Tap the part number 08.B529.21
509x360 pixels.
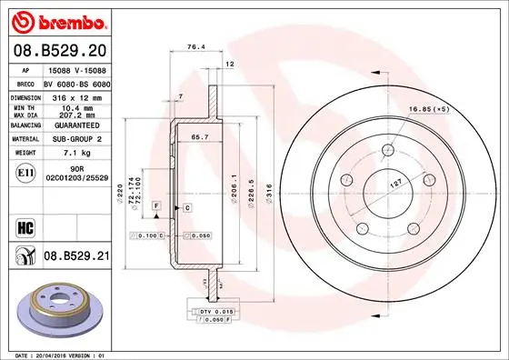click(76, 257)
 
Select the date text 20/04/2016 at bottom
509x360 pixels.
click(62, 354)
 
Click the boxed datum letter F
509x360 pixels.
click(156, 208)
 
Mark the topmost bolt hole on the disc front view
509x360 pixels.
click(387, 150)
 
